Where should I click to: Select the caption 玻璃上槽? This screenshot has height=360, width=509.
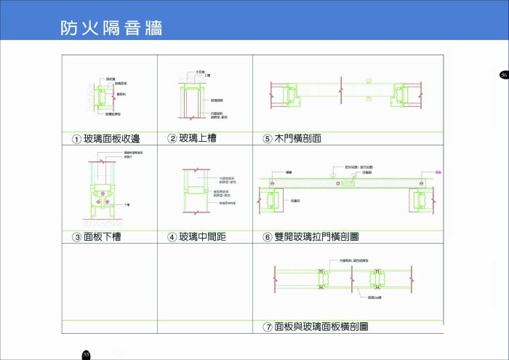click(x=197, y=138)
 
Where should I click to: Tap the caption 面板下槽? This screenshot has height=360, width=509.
click(x=102, y=236)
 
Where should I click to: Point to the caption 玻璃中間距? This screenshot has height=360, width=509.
click(x=202, y=236)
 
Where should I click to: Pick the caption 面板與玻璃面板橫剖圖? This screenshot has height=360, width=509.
click(x=321, y=327)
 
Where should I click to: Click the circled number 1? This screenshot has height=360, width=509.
click(x=76, y=139)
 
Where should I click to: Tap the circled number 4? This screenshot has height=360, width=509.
click(x=172, y=237)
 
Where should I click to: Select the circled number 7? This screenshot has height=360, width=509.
click(x=268, y=328)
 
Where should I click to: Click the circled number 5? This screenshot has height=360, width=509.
click(x=267, y=139)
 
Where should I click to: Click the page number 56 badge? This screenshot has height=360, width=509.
click(x=503, y=75)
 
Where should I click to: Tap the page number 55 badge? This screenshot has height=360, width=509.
click(x=86, y=354)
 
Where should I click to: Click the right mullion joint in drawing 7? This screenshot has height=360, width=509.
click(x=377, y=279)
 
